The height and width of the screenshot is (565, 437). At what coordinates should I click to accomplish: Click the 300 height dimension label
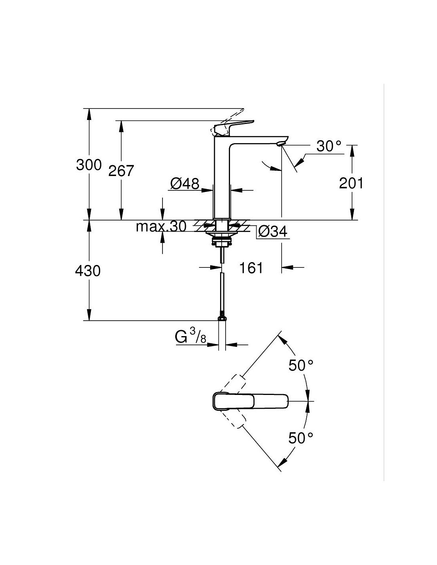coord(89,164)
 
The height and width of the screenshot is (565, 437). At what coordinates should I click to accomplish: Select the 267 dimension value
coord(122,171)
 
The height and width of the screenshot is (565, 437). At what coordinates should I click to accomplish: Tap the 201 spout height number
coord(351,184)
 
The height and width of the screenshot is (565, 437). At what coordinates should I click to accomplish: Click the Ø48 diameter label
coord(185,184)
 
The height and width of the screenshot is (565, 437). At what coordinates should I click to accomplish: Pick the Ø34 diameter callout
coord(273,231)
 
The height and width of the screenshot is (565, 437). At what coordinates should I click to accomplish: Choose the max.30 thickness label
coord(160,226)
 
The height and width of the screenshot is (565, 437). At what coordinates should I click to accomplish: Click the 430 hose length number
coord(88,271)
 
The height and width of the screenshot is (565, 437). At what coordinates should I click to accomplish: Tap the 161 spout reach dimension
coord(251,268)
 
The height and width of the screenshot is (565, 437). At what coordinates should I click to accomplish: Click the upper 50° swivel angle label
coord(301,365)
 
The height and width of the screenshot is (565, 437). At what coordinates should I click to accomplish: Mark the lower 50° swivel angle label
coord(301,438)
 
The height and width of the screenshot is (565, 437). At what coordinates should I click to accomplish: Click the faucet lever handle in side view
coord(234,126)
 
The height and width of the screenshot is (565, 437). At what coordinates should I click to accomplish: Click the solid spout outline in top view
coord(250,401)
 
